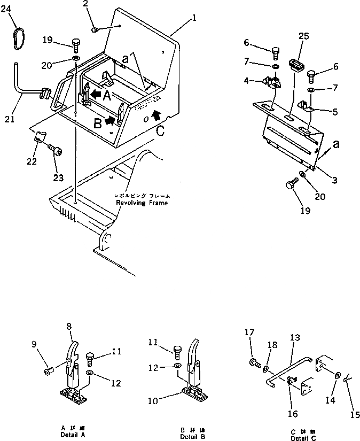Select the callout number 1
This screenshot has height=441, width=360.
pyautogui.click(x=194, y=18)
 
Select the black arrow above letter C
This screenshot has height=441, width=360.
pyautogui.click(x=156, y=114)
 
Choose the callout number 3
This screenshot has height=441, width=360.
pyautogui.click(x=334, y=180)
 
